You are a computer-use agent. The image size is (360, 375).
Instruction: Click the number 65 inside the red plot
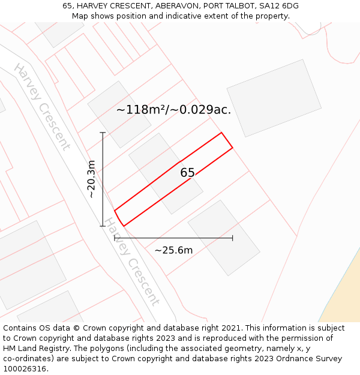pyautogui.click(x=187, y=173)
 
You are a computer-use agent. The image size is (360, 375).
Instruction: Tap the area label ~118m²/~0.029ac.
pyautogui.click(x=173, y=110)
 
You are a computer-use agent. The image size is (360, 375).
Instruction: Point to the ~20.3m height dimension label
pyautogui.click(x=91, y=179)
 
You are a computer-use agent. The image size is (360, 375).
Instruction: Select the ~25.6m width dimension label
pyautogui.click(x=173, y=250)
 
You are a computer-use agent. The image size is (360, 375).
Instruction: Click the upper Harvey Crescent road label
pyautogui.click(x=42, y=106)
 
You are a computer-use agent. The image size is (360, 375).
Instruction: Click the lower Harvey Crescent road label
pyautogui.click(x=133, y=262)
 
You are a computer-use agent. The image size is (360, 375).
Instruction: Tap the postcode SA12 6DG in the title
pyautogui.click(x=279, y=6)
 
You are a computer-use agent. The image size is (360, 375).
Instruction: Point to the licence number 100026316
pyautogui.click(x=25, y=369)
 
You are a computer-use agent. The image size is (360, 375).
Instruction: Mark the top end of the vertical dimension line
pyautogui.click(x=103, y=133)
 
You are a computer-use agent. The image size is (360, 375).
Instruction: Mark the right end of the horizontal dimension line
pyautogui.click(x=233, y=238)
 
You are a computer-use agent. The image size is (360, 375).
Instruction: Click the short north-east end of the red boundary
pyautogui.click(x=227, y=140)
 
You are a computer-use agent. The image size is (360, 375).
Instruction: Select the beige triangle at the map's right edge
pyautogui.click(x=345, y=294)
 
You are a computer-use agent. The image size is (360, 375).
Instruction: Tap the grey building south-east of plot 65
pyautogui.click(x=223, y=238)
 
